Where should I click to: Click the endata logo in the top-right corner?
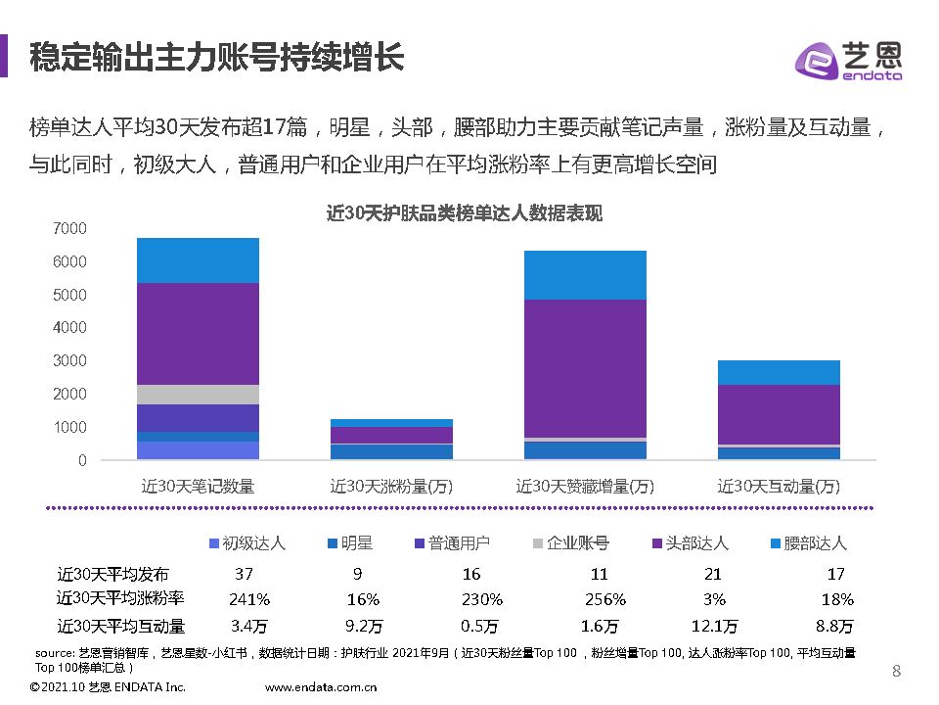coord(847,59)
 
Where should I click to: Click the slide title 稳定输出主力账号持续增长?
coord(216,57)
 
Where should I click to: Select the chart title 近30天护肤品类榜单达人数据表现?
coord(464,213)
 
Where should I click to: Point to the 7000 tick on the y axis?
coord(69,228)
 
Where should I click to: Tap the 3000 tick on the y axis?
coord(69,360)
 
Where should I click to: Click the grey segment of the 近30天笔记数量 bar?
coord(198,394)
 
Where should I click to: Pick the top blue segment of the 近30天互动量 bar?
coord(779,372)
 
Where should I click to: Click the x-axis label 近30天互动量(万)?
coord(779,486)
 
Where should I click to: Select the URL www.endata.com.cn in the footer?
coord(322,688)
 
